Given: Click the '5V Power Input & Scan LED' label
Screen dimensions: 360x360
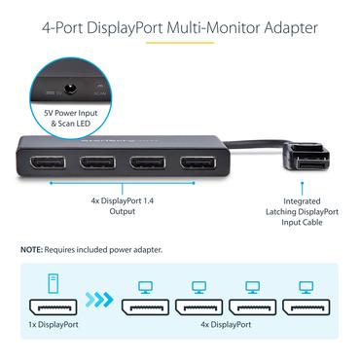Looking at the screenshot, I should point(72,119).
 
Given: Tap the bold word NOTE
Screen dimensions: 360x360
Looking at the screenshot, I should point(32,251).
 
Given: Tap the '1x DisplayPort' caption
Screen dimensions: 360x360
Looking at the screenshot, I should point(54,337).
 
